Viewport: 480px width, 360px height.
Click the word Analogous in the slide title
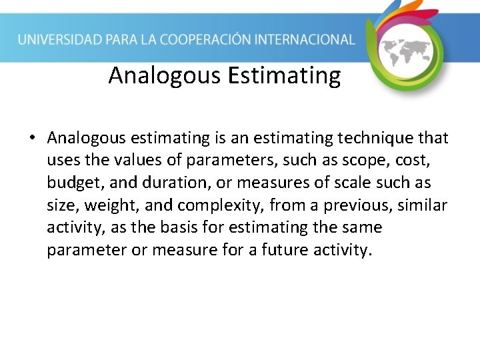pyautogui.click(x=165, y=76)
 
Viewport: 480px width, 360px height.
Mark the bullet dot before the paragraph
pyautogui.click(x=31, y=139)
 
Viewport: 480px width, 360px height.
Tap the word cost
pyautogui.click(x=427, y=161)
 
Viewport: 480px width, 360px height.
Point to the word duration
pyautogui.click(x=149, y=183)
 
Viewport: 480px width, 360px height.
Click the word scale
pyautogui.click(x=347, y=183)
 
